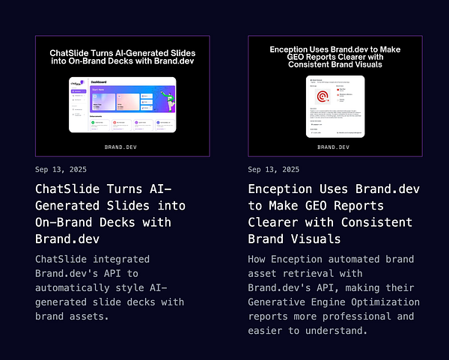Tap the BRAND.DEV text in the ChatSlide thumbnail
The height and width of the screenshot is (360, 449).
click(123, 147)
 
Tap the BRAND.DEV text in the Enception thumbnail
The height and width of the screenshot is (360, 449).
click(335, 147)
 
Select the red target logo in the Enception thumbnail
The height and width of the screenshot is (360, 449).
click(323, 96)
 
